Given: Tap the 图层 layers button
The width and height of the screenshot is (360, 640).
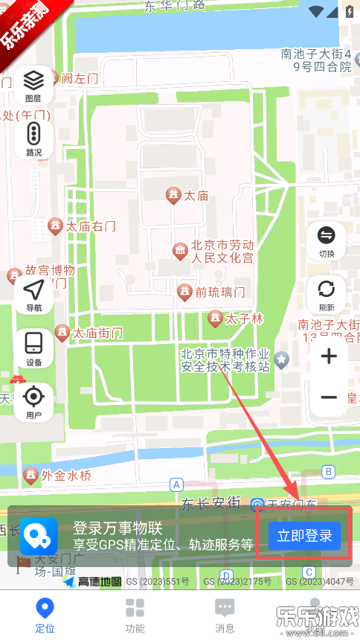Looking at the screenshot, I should point(33,85).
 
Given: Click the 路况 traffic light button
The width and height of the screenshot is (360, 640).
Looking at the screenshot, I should point(33,139).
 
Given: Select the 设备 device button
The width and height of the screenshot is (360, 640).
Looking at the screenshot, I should point(33,348).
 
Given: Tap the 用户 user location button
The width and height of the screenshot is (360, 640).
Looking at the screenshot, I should point(33,402).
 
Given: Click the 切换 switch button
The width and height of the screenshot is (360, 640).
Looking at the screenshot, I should point(327,242).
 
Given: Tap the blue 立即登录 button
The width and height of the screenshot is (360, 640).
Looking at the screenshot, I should point(304,536).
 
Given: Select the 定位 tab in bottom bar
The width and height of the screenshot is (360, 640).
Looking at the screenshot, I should point(45,615).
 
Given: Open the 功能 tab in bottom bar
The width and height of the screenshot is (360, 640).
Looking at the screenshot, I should point(135,615).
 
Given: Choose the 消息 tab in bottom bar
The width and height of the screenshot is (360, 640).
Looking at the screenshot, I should point(225,615).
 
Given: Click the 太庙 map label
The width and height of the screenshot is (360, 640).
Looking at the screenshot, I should point(196,196).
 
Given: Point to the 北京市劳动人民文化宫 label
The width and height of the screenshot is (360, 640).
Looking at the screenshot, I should point(222,252).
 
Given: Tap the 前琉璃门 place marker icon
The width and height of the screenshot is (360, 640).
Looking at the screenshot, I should point(184,291).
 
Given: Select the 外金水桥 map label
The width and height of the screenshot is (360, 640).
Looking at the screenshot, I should point(66,476).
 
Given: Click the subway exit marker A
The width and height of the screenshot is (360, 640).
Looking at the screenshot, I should point(176,484).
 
